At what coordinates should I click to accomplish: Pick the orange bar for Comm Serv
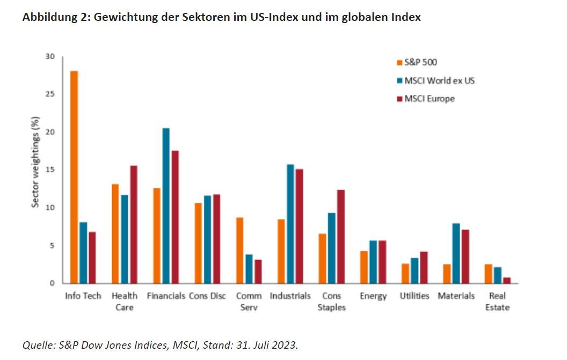(240, 250)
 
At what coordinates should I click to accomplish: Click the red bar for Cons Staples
(341, 237)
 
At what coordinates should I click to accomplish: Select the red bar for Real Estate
(506, 280)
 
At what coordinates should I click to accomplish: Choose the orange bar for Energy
(364, 267)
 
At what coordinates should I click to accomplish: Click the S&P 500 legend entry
(416, 63)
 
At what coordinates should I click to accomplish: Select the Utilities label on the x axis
(414, 296)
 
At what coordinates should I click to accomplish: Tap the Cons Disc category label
(207, 296)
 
